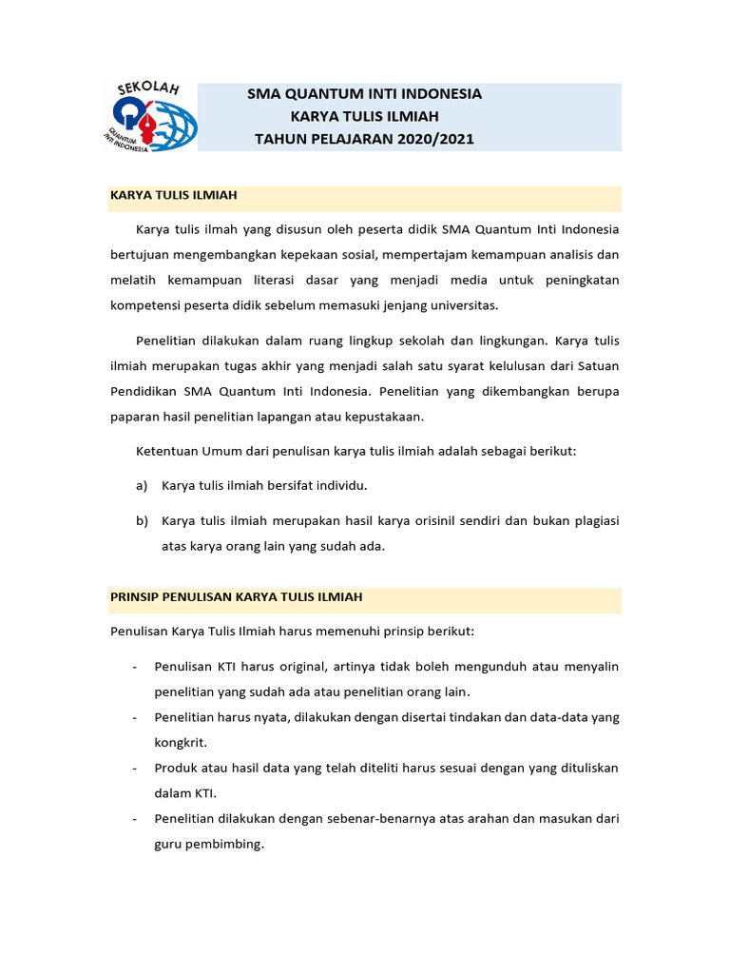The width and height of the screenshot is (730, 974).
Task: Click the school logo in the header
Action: (x=150, y=116)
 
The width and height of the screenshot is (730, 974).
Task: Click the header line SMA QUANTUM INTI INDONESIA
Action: (x=364, y=94)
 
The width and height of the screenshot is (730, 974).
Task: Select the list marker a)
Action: (x=143, y=485)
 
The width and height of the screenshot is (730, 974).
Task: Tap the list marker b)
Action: (x=143, y=521)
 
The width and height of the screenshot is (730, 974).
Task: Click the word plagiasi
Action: (x=590, y=521)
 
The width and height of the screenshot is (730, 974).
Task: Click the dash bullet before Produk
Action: (x=135, y=768)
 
